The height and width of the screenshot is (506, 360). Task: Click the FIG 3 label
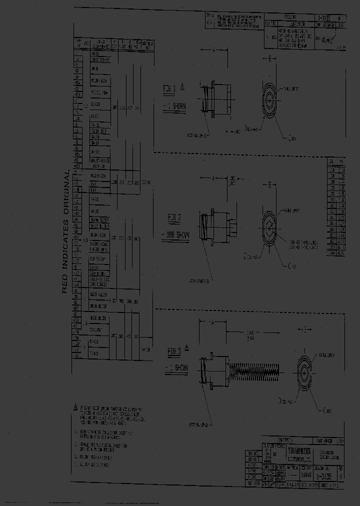[x=175, y=349]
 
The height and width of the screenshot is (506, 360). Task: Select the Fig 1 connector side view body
[x=217, y=101]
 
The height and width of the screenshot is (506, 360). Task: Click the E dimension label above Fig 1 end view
[x=270, y=59]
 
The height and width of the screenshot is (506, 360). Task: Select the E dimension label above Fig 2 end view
[x=270, y=185]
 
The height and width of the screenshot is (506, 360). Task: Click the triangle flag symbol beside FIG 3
[x=187, y=346]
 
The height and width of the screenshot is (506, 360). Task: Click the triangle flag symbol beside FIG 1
[x=182, y=86]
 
